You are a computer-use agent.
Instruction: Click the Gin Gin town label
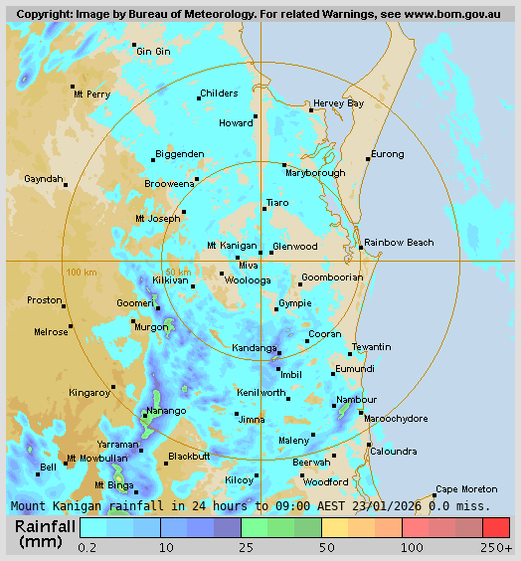[153, 51]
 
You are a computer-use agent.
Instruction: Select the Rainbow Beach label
[399, 243]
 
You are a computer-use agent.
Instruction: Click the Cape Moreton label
[466, 488]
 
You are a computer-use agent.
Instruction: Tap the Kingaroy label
[88, 393]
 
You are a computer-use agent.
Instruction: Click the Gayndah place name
[43, 179]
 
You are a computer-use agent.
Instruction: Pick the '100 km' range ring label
[81, 273]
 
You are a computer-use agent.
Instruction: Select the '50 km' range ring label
[178, 273]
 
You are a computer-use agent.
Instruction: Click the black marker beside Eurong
[368, 159]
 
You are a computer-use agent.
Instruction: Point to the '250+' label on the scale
[497, 547]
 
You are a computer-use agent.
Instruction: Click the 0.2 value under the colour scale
[87, 547]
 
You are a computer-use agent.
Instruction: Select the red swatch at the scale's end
[496, 527]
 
